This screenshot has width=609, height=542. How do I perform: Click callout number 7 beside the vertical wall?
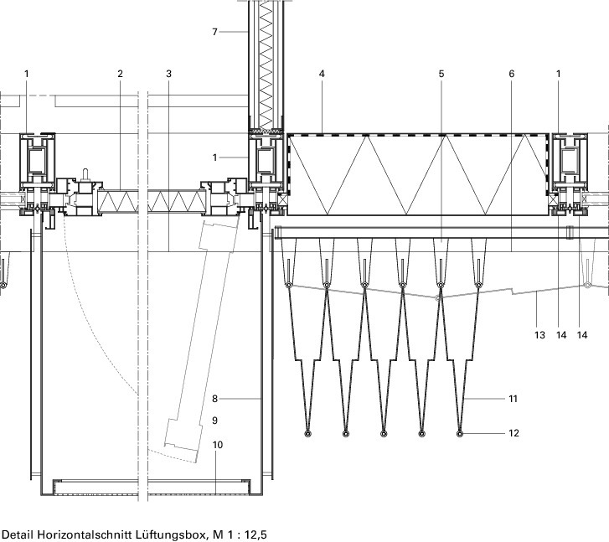tap(215, 32)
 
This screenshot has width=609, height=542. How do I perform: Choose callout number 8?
tap(214, 400)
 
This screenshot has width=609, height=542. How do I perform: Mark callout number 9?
tap(214, 420)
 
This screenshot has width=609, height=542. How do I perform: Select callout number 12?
tap(514, 433)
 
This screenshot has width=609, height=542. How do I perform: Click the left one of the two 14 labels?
tap(561, 335)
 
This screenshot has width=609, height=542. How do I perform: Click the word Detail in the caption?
tap(17, 534)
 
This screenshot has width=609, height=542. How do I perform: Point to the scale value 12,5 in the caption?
tap(253, 534)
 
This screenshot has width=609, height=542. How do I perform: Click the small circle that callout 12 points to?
tap(460, 434)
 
